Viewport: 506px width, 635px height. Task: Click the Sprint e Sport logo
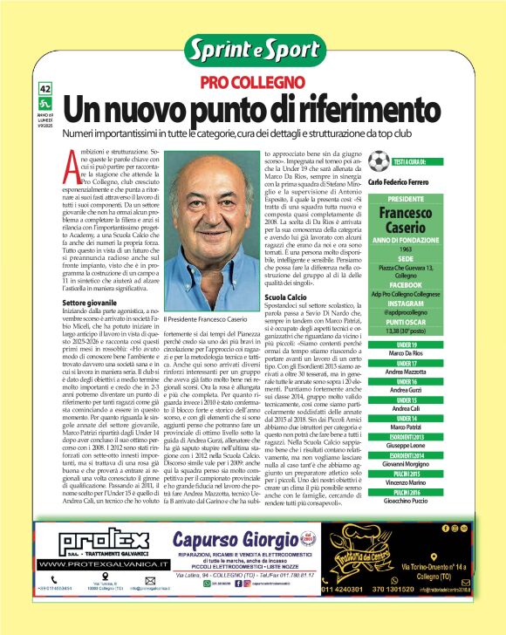[x=253, y=50]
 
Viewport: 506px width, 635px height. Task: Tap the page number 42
[x=46, y=89]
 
